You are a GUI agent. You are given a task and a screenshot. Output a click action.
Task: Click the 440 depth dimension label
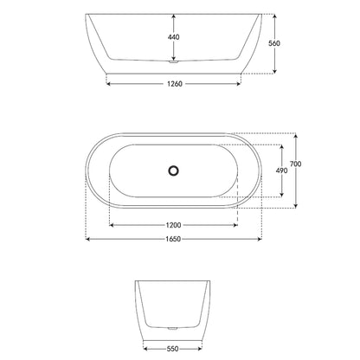click(x=174, y=37)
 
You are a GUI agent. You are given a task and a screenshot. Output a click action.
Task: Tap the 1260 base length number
click(x=174, y=85)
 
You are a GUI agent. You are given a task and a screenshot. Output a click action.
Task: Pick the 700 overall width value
click(x=296, y=164)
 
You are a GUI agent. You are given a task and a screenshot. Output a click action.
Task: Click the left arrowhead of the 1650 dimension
click(x=87, y=240)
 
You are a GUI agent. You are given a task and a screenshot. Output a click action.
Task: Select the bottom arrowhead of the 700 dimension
click(x=296, y=207)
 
